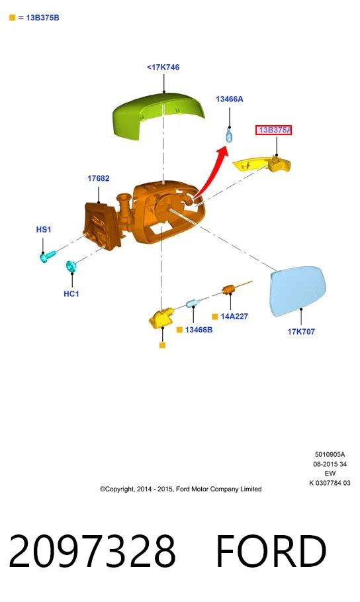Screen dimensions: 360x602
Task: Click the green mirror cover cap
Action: [157, 115]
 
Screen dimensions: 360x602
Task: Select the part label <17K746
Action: [163, 67]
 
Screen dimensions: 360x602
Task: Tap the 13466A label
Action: [230, 99]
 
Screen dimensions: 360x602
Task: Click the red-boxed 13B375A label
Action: [274, 130]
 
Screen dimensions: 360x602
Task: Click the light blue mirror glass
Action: [297, 291]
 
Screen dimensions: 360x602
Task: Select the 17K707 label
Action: [301, 331]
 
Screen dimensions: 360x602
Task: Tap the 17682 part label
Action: [98, 178]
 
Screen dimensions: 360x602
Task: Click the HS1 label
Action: [44, 229]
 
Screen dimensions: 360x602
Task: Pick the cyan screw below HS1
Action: [48, 256]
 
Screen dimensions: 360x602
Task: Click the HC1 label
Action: [71, 293]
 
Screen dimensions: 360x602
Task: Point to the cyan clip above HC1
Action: [71, 266]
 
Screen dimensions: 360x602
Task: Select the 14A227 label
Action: [234, 317]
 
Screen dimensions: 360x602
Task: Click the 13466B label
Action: [199, 330]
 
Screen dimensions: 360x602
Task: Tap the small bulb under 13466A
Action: [229, 135]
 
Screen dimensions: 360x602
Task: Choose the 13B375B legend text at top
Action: [42, 18]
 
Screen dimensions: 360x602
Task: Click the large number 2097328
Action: [92, 550]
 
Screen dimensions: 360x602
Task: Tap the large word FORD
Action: [271, 550]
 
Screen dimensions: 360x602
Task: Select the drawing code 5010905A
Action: [330, 454]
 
